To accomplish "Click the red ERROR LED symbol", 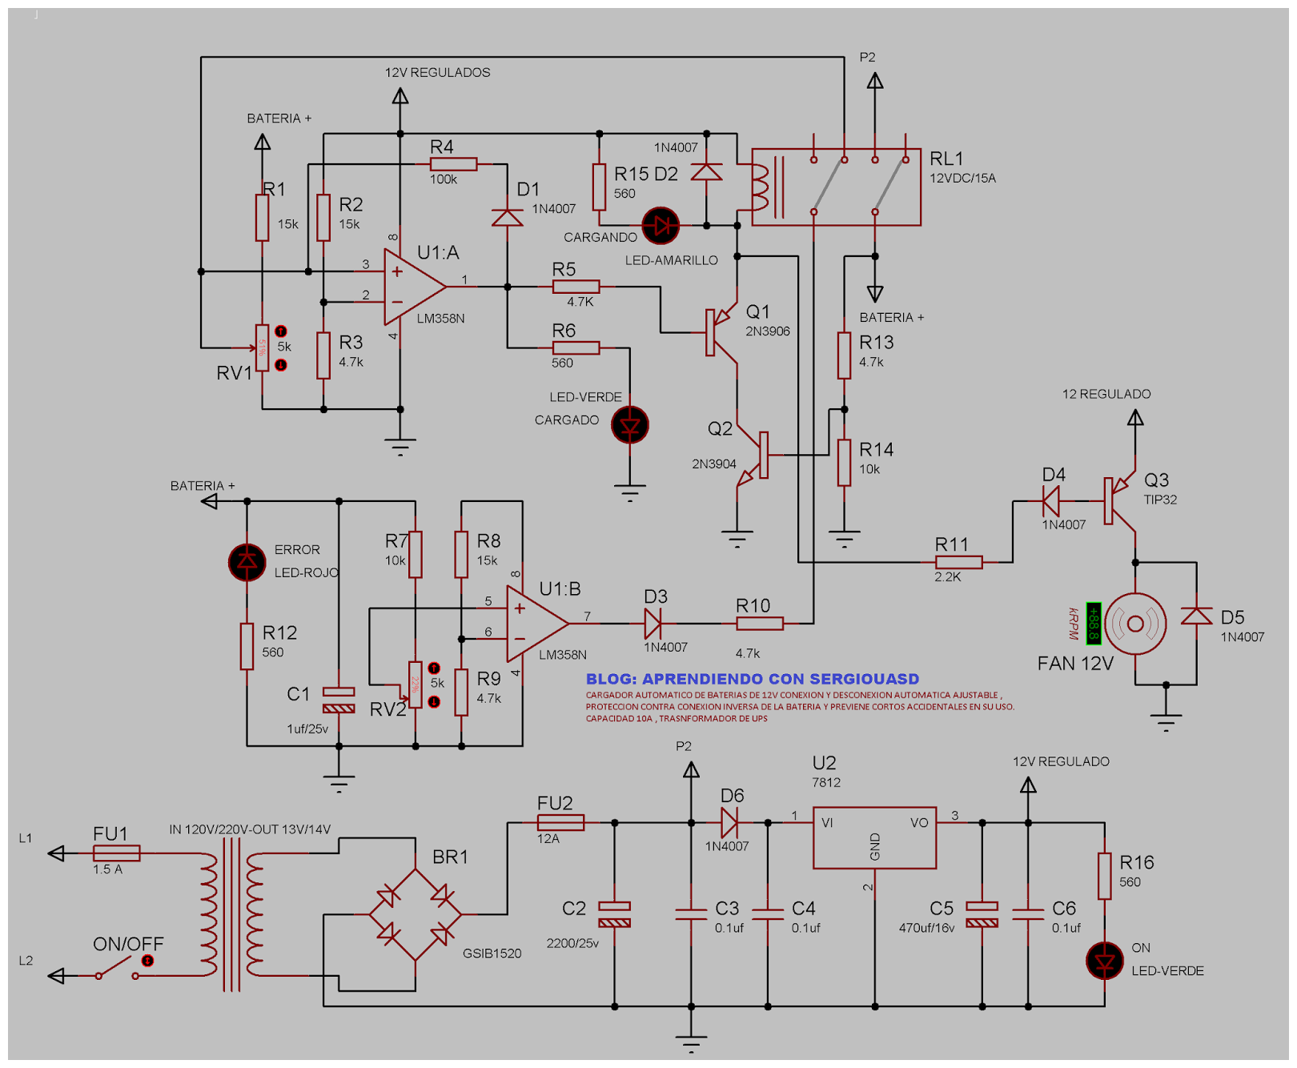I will coord(247,562).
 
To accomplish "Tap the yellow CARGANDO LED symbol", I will coord(661,227).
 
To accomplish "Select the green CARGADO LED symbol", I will coord(630,425).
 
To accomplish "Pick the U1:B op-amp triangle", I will coord(534,623).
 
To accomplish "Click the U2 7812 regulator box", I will coord(874,837).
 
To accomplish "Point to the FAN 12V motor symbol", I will coord(1135,624).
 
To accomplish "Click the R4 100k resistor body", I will coord(453,164).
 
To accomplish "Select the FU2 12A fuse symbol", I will coord(560,822).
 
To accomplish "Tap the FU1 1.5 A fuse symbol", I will coord(117,853).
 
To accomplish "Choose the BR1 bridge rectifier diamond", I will coord(416,914).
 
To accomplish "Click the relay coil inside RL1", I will coord(759,187).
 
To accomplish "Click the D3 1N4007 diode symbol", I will coord(653,623).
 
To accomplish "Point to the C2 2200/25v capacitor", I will coord(614,914).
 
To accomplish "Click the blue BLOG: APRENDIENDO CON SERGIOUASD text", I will coord(752,679).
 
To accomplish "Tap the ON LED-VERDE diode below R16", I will coord(1105,961).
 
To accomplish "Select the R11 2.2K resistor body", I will coord(958,562).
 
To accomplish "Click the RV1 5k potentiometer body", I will coord(262,348).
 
